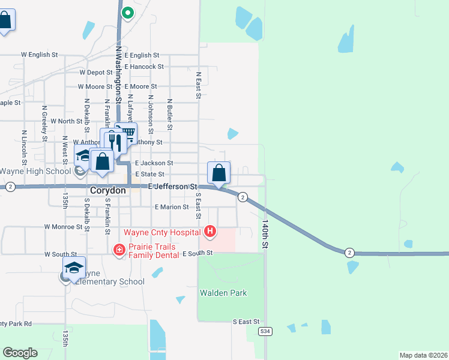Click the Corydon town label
coord(107,190)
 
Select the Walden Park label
coord(223,293)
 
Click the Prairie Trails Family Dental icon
coord(119,249)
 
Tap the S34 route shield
coord(265,331)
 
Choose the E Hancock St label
coord(144,67)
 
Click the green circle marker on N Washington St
coord(127,12)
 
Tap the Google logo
coord(20,353)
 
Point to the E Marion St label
coord(172,207)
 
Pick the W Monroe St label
coord(63,227)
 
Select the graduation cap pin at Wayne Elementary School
coord(74,268)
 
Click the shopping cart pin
coord(126,134)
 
